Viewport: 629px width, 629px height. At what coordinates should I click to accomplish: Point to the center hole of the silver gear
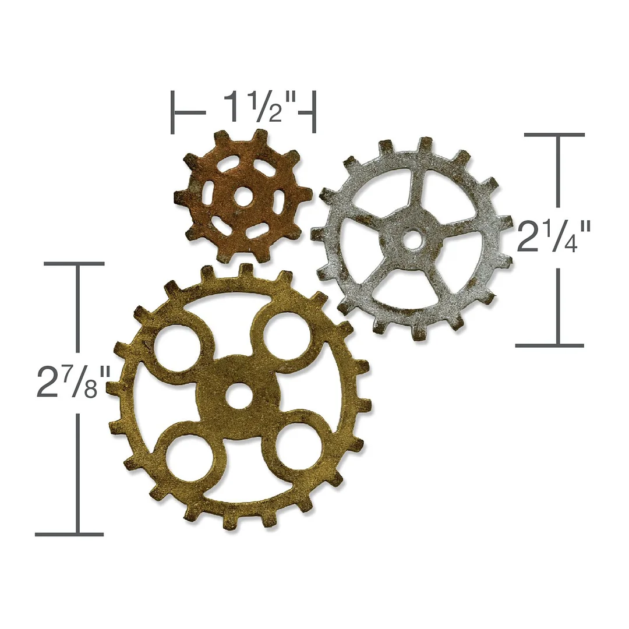pos(412,240)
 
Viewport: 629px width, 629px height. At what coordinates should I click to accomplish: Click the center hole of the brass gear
pos(237,399)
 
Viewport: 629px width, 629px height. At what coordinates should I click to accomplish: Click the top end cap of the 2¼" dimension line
pos(554,135)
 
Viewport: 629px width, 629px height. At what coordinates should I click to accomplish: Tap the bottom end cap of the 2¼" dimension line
pos(549,345)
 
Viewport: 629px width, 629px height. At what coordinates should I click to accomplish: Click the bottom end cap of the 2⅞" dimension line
pos(69,533)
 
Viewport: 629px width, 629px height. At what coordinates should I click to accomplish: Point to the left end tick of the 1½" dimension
pos(172,112)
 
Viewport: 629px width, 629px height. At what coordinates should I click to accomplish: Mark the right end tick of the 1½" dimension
pos(314,112)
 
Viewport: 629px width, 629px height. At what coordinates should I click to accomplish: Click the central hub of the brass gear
pos(238,384)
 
